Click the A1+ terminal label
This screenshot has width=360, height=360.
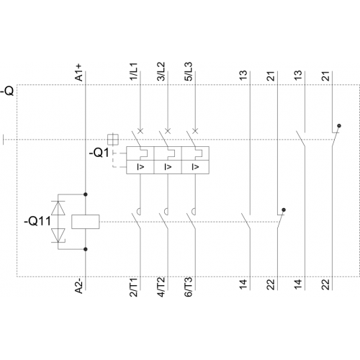click(79, 73)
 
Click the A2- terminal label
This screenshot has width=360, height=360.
click(79, 285)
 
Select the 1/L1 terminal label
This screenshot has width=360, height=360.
click(134, 71)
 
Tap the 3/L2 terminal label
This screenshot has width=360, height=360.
click(161, 71)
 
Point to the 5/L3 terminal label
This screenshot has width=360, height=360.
click(189, 71)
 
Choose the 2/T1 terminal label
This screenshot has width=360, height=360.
click(134, 287)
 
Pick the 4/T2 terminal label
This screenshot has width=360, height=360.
click(161, 287)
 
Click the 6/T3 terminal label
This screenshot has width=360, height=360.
click(189, 287)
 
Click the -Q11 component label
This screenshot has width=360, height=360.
click(37, 221)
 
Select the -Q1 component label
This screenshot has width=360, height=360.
click(99, 153)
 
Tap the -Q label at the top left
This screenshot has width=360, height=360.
click(7, 91)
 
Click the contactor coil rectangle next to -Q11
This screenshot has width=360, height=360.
click(86, 222)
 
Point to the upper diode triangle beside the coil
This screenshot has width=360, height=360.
click(58, 207)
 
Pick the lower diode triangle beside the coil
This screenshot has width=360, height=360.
click(58, 235)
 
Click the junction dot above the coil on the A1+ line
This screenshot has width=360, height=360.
click(86, 194)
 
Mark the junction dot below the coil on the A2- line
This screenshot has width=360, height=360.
click(86, 249)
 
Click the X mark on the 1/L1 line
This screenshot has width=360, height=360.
click(140, 131)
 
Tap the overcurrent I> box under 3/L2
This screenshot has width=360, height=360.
click(168, 166)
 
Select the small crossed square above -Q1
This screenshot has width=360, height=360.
click(113, 140)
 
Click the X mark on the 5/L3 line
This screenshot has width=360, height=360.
click(195, 131)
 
